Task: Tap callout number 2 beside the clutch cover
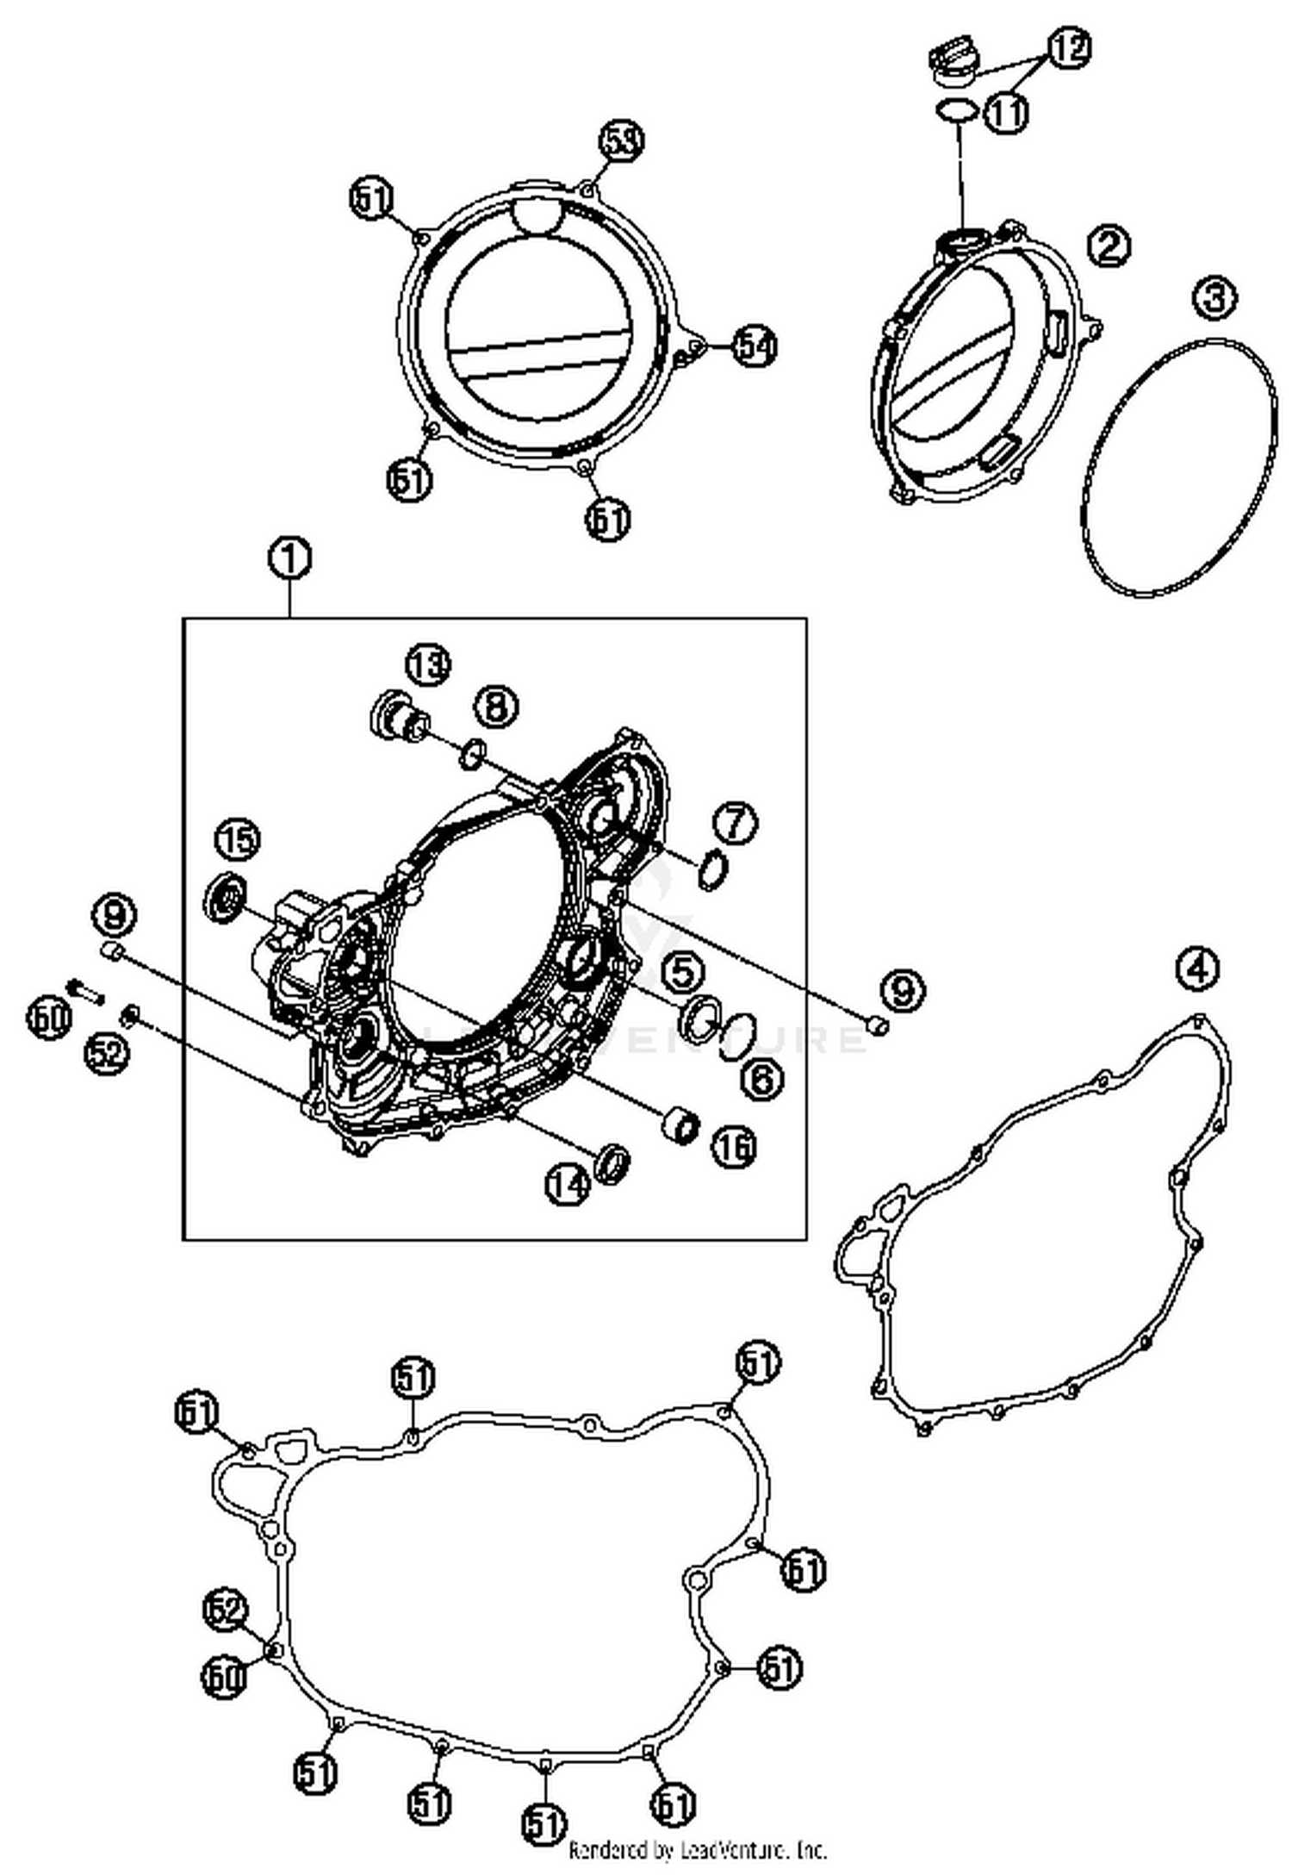click(x=1109, y=247)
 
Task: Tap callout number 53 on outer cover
click(x=622, y=142)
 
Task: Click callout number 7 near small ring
click(x=735, y=823)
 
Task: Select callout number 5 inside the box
click(x=681, y=973)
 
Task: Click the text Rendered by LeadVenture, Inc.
click(x=698, y=1850)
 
